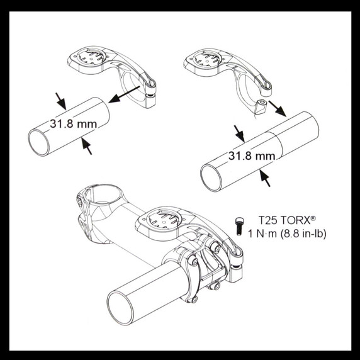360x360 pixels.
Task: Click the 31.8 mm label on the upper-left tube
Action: pyautogui.click(x=73, y=123)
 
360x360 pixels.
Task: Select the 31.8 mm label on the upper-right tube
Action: pyautogui.click(x=252, y=155)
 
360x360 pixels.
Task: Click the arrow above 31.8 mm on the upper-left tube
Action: pyautogui.click(x=61, y=99)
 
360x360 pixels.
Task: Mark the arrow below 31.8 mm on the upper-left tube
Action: pyautogui.click(x=87, y=146)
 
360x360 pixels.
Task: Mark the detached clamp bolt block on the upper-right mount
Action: pyautogui.click(x=260, y=107)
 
